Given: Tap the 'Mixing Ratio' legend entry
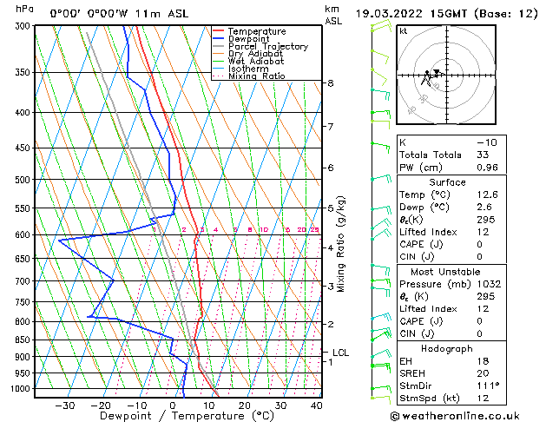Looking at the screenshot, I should click(260, 76).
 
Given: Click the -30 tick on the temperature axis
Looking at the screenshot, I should click(64, 405).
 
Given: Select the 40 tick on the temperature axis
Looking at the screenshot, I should click(316, 405).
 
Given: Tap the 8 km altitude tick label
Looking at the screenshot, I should click(331, 83).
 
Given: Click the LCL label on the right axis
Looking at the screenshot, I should click(340, 353).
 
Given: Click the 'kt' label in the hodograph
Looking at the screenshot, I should click(403, 30).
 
